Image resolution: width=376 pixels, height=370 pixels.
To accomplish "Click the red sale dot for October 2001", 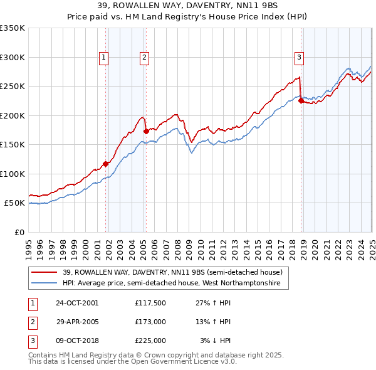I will (106, 163).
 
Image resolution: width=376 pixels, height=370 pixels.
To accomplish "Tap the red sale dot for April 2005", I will (146, 131).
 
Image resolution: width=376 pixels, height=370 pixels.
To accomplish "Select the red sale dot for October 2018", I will (301, 100).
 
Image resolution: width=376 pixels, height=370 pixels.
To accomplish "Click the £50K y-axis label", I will (14, 203).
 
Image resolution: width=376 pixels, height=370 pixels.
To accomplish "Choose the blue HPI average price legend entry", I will (175, 283).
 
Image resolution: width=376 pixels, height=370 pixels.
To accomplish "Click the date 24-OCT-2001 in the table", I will (77, 303).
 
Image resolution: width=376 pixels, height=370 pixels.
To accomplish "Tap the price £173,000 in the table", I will (150, 322).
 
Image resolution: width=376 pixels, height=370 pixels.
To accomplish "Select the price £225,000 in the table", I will (150, 341).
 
